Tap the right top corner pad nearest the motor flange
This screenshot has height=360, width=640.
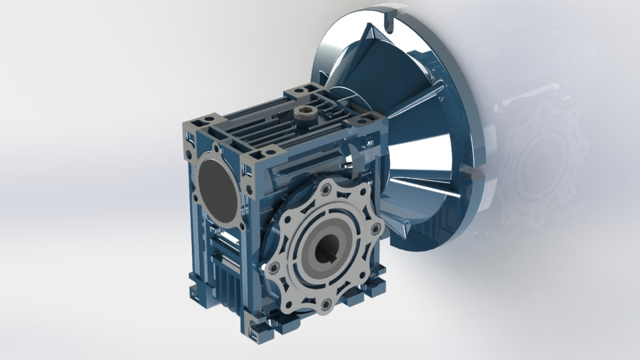click(x=366, y=121)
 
